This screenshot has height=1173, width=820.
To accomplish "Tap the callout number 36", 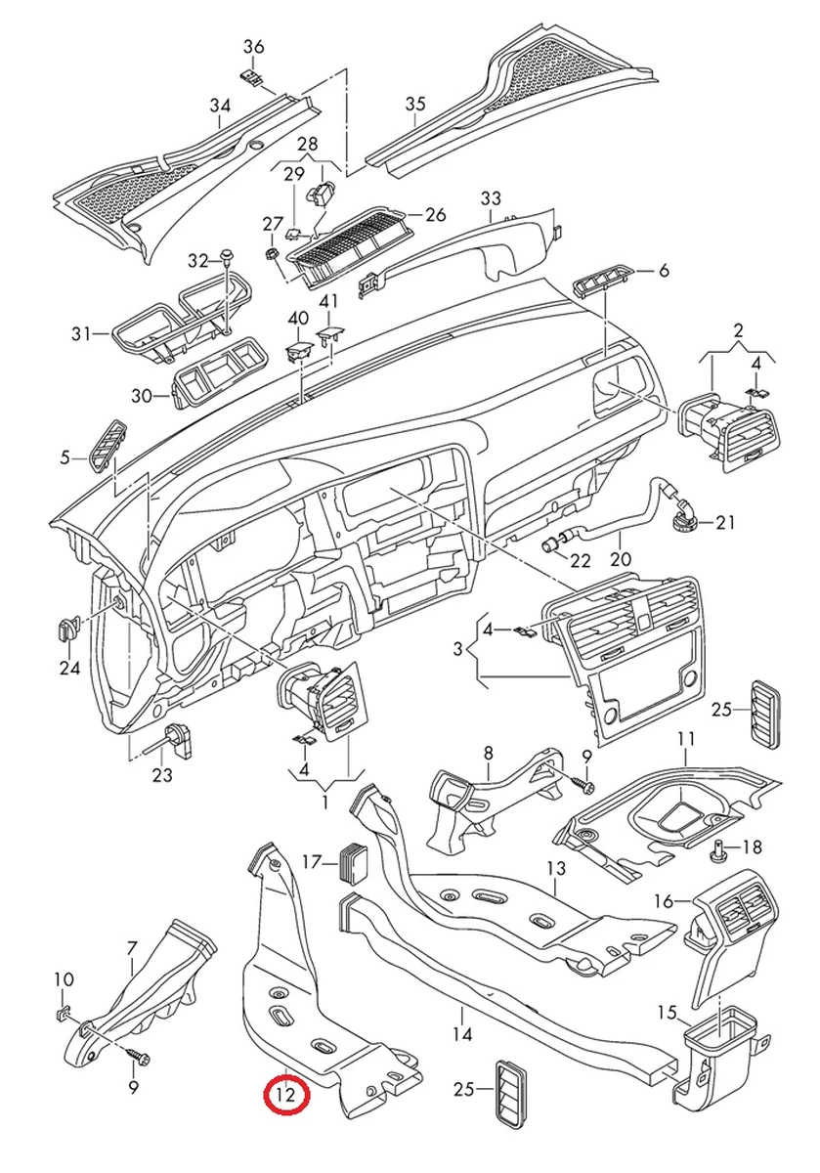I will point(254,46).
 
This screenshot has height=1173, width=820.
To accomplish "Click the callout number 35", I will point(415,105).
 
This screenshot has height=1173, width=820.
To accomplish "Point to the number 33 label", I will point(491,199).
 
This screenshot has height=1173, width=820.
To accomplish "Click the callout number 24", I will point(69,669).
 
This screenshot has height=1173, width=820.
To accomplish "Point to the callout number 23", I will point(162,775).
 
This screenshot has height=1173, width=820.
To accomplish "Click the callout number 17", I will point(312,862).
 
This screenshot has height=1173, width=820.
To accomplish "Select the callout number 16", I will point(665,900).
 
